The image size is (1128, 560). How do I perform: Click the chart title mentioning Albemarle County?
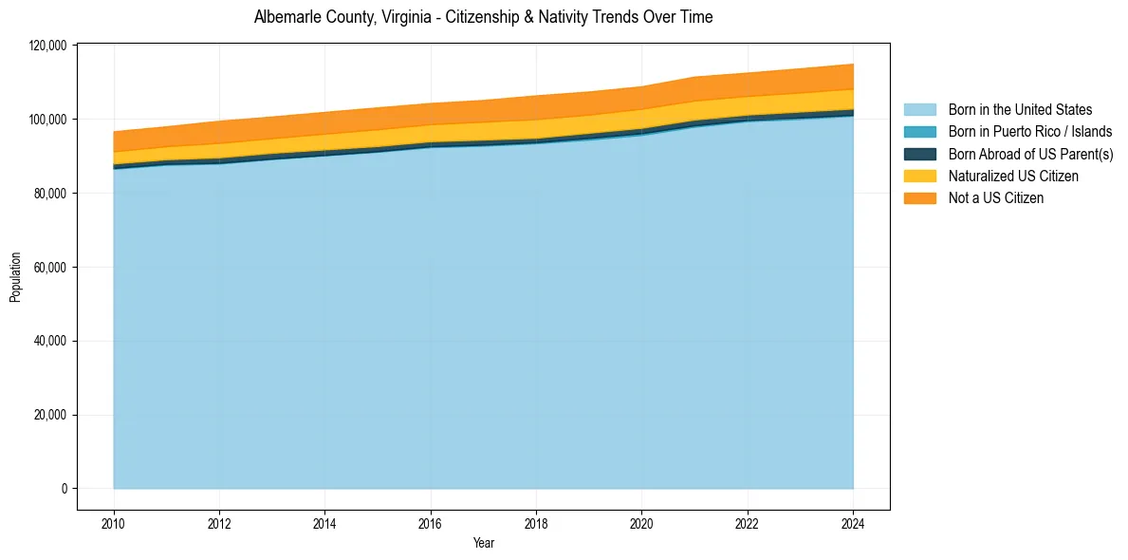483,17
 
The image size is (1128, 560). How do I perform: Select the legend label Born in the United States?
1020,110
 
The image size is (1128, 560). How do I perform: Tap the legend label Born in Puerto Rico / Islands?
1029,132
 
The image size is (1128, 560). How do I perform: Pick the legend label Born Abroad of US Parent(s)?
1030,154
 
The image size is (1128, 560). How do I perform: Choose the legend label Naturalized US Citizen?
1013,176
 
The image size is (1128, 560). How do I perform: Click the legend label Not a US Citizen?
995,197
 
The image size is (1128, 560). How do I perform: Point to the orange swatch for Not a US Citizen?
919,197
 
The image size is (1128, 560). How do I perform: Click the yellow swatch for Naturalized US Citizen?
919,176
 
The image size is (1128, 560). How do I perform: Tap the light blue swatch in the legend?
919,110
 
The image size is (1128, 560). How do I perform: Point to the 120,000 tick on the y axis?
48,46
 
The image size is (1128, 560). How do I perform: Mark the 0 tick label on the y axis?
65,489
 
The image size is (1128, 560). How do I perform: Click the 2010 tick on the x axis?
114,522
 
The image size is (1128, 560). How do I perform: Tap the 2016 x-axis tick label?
431,522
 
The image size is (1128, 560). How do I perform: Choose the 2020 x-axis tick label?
642,522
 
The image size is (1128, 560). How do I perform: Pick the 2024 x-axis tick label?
853,522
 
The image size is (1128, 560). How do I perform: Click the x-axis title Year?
483,543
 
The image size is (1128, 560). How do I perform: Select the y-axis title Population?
15,277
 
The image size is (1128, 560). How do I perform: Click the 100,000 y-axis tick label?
48,120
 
